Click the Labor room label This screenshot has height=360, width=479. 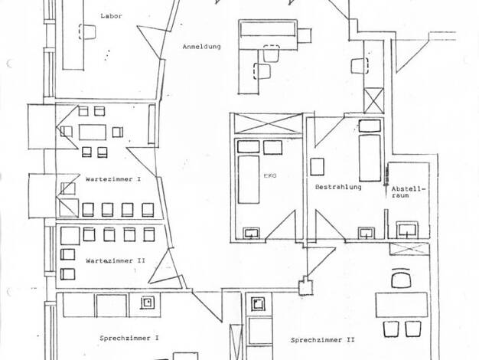(111, 16)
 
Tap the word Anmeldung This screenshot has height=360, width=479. (201, 47)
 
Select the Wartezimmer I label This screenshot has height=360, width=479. (113, 179)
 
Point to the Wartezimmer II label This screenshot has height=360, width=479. (116, 261)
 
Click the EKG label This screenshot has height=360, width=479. (270, 176)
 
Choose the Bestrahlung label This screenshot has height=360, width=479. (338, 187)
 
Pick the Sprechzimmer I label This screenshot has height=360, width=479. (129, 339)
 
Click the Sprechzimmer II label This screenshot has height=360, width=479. (323, 340)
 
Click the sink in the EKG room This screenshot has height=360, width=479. (252, 233)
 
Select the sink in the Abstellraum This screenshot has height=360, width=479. (407, 230)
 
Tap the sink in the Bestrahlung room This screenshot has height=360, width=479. (367, 233)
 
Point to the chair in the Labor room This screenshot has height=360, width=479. (87, 31)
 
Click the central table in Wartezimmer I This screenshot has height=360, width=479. (93, 133)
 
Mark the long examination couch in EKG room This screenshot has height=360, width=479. (249, 179)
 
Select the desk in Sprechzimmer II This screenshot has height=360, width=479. (402, 305)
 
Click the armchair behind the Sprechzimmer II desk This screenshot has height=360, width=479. (401, 278)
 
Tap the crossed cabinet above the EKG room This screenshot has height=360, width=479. (268, 123)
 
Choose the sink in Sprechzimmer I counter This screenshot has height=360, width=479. (148, 303)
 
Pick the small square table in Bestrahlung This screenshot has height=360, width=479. (317, 167)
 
